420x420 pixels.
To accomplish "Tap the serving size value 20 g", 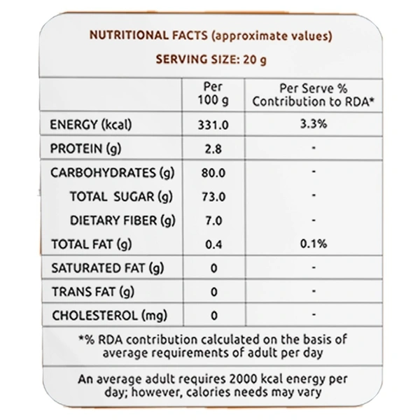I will (x=253, y=59).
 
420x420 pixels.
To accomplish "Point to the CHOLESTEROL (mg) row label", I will (x=109, y=315).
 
